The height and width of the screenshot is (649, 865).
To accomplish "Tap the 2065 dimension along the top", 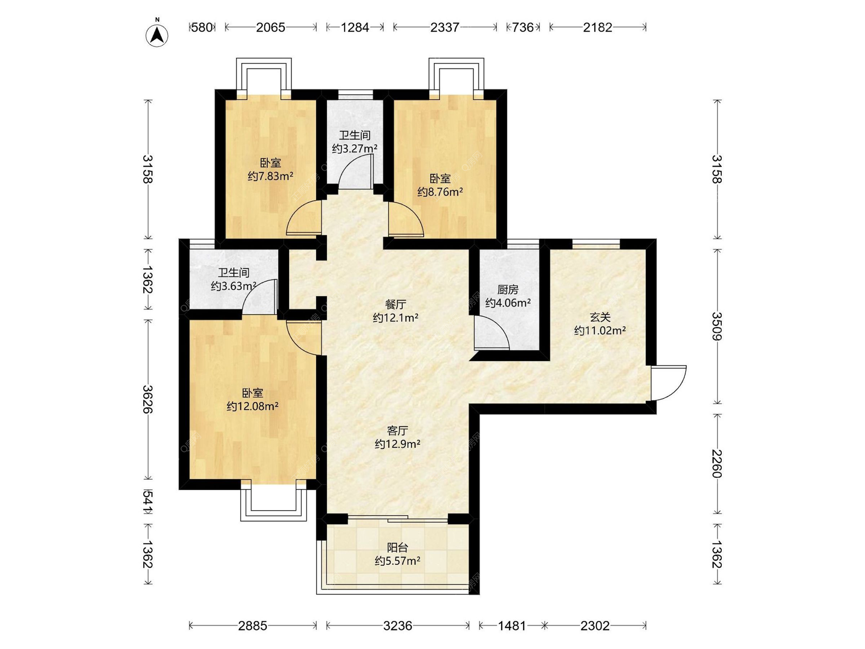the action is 270,27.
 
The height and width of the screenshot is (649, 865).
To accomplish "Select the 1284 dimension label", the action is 355,27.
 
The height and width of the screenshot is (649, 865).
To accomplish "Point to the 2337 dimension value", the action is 445,27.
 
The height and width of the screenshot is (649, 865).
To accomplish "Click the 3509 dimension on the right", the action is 717,326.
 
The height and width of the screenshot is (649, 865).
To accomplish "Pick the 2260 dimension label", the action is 717,464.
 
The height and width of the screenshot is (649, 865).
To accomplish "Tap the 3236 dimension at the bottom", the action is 398,626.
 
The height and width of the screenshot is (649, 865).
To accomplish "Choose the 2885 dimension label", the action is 253,626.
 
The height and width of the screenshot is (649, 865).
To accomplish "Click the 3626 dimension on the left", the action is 148,399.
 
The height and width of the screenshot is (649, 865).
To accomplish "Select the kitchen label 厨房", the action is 508,289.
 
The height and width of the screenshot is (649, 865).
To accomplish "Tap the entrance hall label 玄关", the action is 600,317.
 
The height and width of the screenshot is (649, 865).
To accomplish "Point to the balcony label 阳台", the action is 398,548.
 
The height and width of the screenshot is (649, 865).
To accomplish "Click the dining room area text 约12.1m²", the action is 396,318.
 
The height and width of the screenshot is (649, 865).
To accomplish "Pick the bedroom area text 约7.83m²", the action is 270,176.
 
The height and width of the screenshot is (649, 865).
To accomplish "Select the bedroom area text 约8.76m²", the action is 440,192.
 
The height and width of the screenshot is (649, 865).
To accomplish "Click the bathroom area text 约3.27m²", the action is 355,148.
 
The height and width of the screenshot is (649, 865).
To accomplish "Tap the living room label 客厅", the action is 397,430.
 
